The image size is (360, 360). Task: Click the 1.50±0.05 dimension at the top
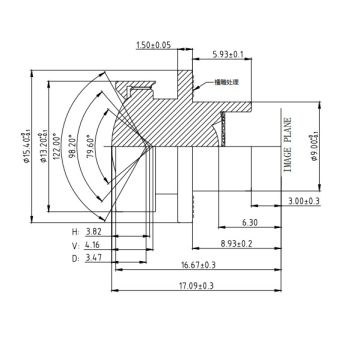click(x=152, y=45)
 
